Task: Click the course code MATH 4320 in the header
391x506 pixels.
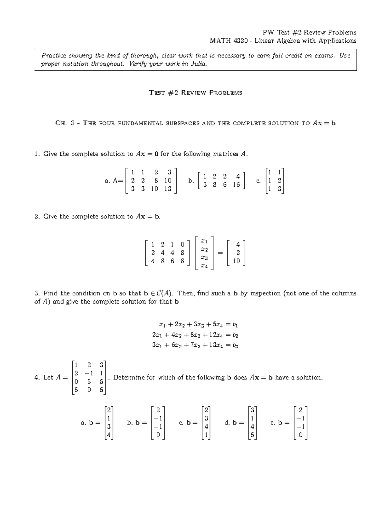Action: (x=230, y=41)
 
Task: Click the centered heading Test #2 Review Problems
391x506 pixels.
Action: (x=195, y=93)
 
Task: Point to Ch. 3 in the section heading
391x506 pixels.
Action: (x=65, y=123)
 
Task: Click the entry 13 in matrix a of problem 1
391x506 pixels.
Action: (x=168, y=189)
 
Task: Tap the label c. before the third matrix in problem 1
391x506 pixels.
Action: (x=258, y=181)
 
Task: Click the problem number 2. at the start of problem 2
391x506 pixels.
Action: (x=37, y=216)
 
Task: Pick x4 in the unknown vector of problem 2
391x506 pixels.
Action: (x=204, y=266)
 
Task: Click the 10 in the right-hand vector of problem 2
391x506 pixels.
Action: (x=237, y=261)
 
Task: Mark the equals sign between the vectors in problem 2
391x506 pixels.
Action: (x=221, y=253)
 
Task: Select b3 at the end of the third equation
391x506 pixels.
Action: (x=235, y=345)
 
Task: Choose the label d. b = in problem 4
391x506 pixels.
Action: (x=234, y=423)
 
